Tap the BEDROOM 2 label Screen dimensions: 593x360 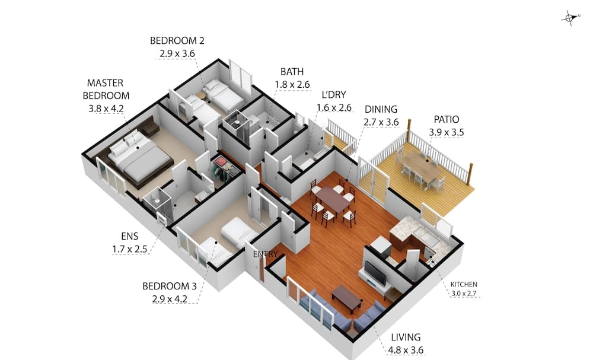(177, 41)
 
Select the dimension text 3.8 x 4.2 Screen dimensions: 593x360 (106, 109)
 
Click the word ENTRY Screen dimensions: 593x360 (266, 254)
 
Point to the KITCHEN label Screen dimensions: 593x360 (464, 284)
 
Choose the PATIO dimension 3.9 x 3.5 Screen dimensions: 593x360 (447, 132)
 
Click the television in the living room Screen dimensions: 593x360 (375, 273)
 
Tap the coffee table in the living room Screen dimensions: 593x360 (347, 299)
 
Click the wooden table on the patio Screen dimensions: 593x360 (421, 167)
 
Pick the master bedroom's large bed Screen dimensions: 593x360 (140, 159)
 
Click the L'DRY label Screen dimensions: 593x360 (333, 95)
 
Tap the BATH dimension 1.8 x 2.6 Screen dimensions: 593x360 (292, 85)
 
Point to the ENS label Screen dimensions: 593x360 (130, 237)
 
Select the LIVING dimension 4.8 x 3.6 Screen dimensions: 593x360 (406, 350)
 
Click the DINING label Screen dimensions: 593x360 (381, 110)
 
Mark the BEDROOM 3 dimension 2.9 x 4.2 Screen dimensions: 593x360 (170, 299)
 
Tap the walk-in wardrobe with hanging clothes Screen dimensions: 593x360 (225, 170)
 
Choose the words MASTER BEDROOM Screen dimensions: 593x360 (106, 89)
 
